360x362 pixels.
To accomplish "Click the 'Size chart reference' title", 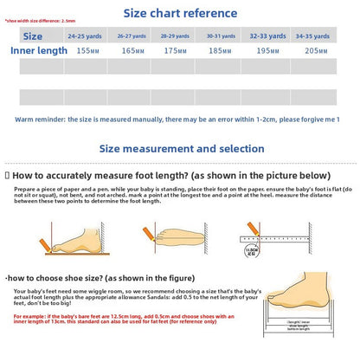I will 180,13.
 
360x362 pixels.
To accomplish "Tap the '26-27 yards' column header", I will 130,37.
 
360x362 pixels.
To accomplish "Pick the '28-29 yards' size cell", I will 175,37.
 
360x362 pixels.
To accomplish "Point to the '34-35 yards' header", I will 312,37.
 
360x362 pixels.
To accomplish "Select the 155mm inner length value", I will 86,51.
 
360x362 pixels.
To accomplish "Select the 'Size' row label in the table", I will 32,36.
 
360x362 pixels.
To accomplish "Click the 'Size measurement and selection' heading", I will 179,149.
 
